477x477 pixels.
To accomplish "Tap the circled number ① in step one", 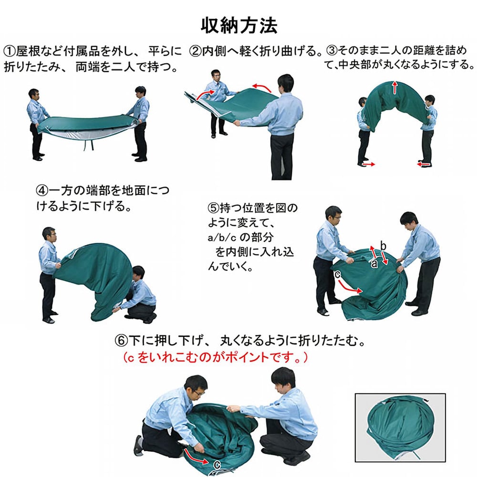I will pyautogui.click(x=10, y=51).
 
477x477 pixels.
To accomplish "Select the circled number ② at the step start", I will pyautogui.click(x=195, y=51).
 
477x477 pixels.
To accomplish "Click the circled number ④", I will pyautogui.click(x=42, y=190).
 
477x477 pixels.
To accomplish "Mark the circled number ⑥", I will pyautogui.click(x=121, y=341).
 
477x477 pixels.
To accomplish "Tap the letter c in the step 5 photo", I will pyautogui.click(x=337, y=274).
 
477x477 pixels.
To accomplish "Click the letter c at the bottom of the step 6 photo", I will pyautogui.click(x=217, y=462).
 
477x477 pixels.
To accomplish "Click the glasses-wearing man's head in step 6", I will pyautogui.click(x=196, y=386).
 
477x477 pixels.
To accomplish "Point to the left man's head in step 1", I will pyautogui.click(x=33, y=93).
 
